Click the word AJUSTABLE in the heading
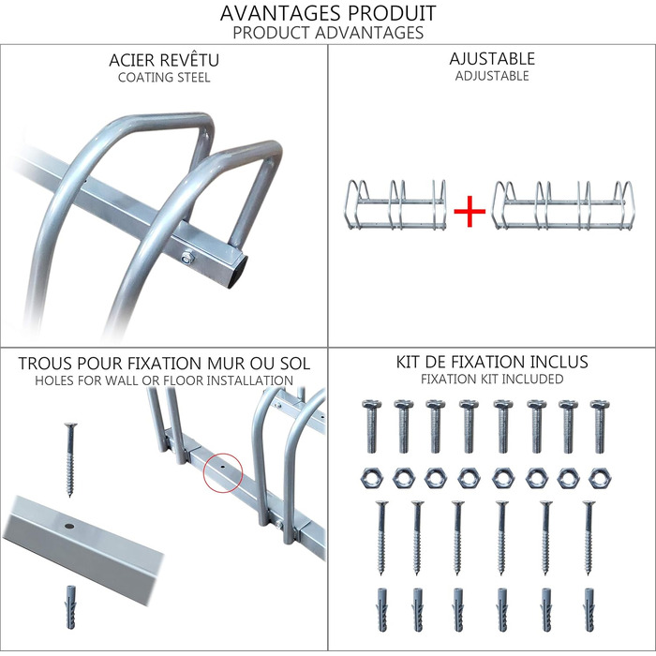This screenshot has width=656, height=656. pos(492,59)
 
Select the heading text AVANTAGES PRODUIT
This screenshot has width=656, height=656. pos(328,13)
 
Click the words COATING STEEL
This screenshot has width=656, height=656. pos(164,78)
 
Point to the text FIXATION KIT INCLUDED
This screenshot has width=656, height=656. pos(492,379)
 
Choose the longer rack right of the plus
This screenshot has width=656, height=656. pos(562,203)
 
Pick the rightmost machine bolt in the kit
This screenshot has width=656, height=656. pos(598,425)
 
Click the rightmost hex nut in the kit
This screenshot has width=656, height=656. pos(598,477)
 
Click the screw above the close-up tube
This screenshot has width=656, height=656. pos(69,459)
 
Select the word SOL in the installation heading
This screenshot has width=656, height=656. pos(293,363)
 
